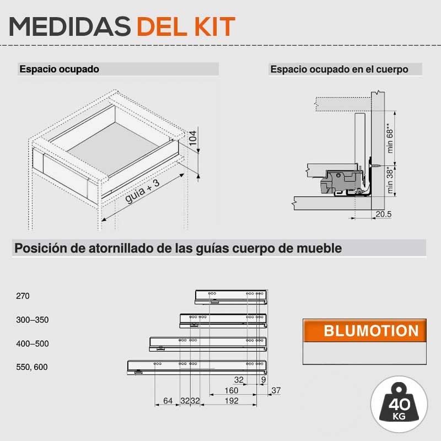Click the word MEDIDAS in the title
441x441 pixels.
pyautogui.click(x=70, y=26)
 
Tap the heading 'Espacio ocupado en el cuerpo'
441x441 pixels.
pyautogui.click(x=339, y=69)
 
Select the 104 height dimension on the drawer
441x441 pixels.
pyautogui.click(x=193, y=138)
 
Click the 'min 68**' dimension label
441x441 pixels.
pyautogui.click(x=390, y=138)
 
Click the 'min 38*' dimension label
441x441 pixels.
pyautogui.click(x=390, y=180)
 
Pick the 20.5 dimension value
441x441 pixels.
pyautogui.click(x=383, y=214)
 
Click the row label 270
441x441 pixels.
pyautogui.click(x=23, y=296)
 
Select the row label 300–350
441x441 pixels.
pyautogui.click(x=33, y=320)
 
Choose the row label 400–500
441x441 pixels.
pyautogui.click(x=33, y=343)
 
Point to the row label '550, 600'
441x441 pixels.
pyautogui.click(x=32, y=367)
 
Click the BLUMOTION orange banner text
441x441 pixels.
pyautogui.click(x=371, y=331)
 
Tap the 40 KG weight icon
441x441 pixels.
pyautogui.click(x=399, y=404)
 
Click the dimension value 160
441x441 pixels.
pyautogui.click(x=231, y=390)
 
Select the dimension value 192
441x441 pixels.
pyautogui.click(x=232, y=401)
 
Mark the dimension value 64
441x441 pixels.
pyautogui.click(x=168, y=401)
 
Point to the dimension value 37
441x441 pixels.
pyautogui.click(x=276, y=390)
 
